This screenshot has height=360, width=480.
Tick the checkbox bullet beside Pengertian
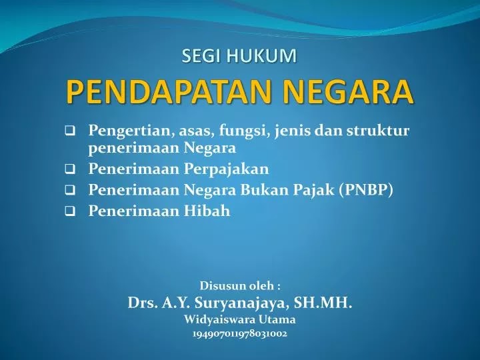point(70,131)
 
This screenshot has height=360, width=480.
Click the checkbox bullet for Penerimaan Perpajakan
point(70,169)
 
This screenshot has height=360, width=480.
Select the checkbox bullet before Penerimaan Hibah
point(70,211)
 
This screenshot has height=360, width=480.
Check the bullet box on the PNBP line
point(70,191)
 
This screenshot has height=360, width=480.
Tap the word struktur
point(378,131)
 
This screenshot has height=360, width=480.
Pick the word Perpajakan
point(226,169)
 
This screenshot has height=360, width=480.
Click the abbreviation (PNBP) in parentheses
point(366,190)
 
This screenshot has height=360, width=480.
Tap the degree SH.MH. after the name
point(323,303)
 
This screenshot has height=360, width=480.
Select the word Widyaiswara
point(219,319)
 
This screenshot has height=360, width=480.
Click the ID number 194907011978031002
point(240,334)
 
